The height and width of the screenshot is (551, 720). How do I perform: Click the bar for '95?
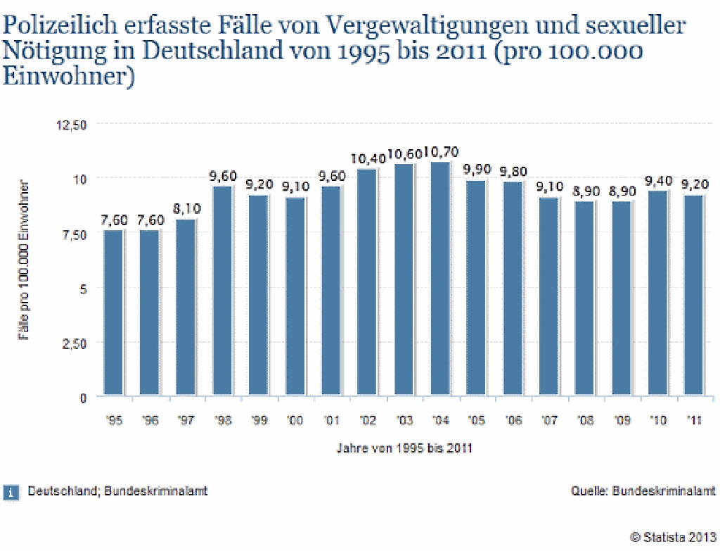click(114, 312)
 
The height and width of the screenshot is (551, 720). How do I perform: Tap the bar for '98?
click(223, 290)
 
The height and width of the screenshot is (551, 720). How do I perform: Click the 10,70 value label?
click(441, 152)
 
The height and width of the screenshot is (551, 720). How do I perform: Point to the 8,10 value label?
click(186, 210)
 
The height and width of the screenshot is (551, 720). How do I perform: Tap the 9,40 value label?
click(658, 181)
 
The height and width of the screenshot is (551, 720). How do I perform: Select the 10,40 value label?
click(368, 159)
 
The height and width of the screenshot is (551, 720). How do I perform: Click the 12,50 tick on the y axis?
click(72, 125)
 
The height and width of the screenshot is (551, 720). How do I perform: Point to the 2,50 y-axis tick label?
click(74, 343)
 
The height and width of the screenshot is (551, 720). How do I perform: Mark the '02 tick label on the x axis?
click(368, 420)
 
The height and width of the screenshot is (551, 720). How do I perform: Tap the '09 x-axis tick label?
click(622, 420)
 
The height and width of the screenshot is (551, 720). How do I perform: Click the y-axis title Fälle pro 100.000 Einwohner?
click(24, 260)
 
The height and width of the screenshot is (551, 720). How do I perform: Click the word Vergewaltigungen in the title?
click(408, 27)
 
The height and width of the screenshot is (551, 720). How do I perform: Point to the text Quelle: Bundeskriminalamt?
click(643, 491)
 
